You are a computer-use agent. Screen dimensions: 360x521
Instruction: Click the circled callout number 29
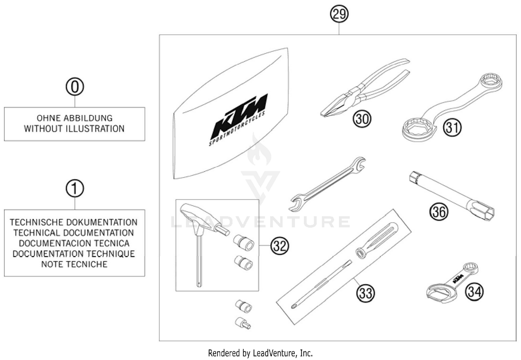[x=339, y=14]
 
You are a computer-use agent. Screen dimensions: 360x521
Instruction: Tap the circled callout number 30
[x=362, y=119]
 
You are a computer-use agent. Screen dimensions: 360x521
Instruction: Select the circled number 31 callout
[x=452, y=128]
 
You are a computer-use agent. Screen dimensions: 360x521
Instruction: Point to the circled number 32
[x=280, y=246]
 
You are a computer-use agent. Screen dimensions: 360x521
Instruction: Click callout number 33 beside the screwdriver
[x=366, y=293]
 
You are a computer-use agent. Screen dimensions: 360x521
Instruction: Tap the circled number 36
[x=439, y=211]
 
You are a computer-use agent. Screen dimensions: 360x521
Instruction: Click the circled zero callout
[x=75, y=87]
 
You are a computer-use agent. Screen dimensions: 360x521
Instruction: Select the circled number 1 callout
[x=75, y=189]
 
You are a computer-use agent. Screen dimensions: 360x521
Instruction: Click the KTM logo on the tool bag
[x=240, y=116]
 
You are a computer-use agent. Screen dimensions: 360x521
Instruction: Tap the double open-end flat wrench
[x=326, y=184]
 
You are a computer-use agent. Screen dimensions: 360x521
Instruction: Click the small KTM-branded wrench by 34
[x=452, y=281]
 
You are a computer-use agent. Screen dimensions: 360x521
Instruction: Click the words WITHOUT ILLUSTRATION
[x=74, y=129]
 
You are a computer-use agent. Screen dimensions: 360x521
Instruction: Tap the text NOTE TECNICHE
[x=74, y=264]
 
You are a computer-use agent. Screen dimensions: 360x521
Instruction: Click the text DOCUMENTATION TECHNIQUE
[x=74, y=254]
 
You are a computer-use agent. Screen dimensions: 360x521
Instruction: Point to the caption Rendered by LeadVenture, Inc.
[x=260, y=353]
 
